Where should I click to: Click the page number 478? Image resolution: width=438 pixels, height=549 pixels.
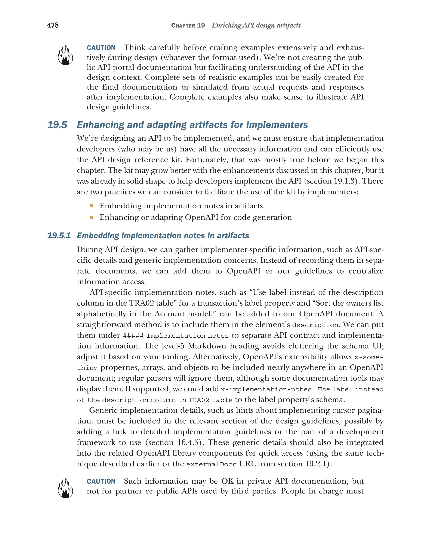53,25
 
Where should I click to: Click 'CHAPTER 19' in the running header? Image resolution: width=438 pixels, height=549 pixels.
188,25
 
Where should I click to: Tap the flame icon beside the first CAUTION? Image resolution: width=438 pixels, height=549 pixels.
65,55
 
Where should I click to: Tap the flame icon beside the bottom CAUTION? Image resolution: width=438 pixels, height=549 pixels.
65,488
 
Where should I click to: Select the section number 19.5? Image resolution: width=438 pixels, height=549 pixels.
57,125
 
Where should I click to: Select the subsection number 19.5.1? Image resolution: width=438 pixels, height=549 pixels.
59,235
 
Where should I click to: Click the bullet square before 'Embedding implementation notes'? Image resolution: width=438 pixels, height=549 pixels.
92,206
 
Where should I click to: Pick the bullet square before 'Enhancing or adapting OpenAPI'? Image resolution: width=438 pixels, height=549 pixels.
92,217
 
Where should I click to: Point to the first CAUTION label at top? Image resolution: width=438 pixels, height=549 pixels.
101,48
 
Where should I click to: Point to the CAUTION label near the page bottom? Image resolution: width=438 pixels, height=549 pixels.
101,481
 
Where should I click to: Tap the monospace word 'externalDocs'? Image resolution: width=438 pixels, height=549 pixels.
211,464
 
